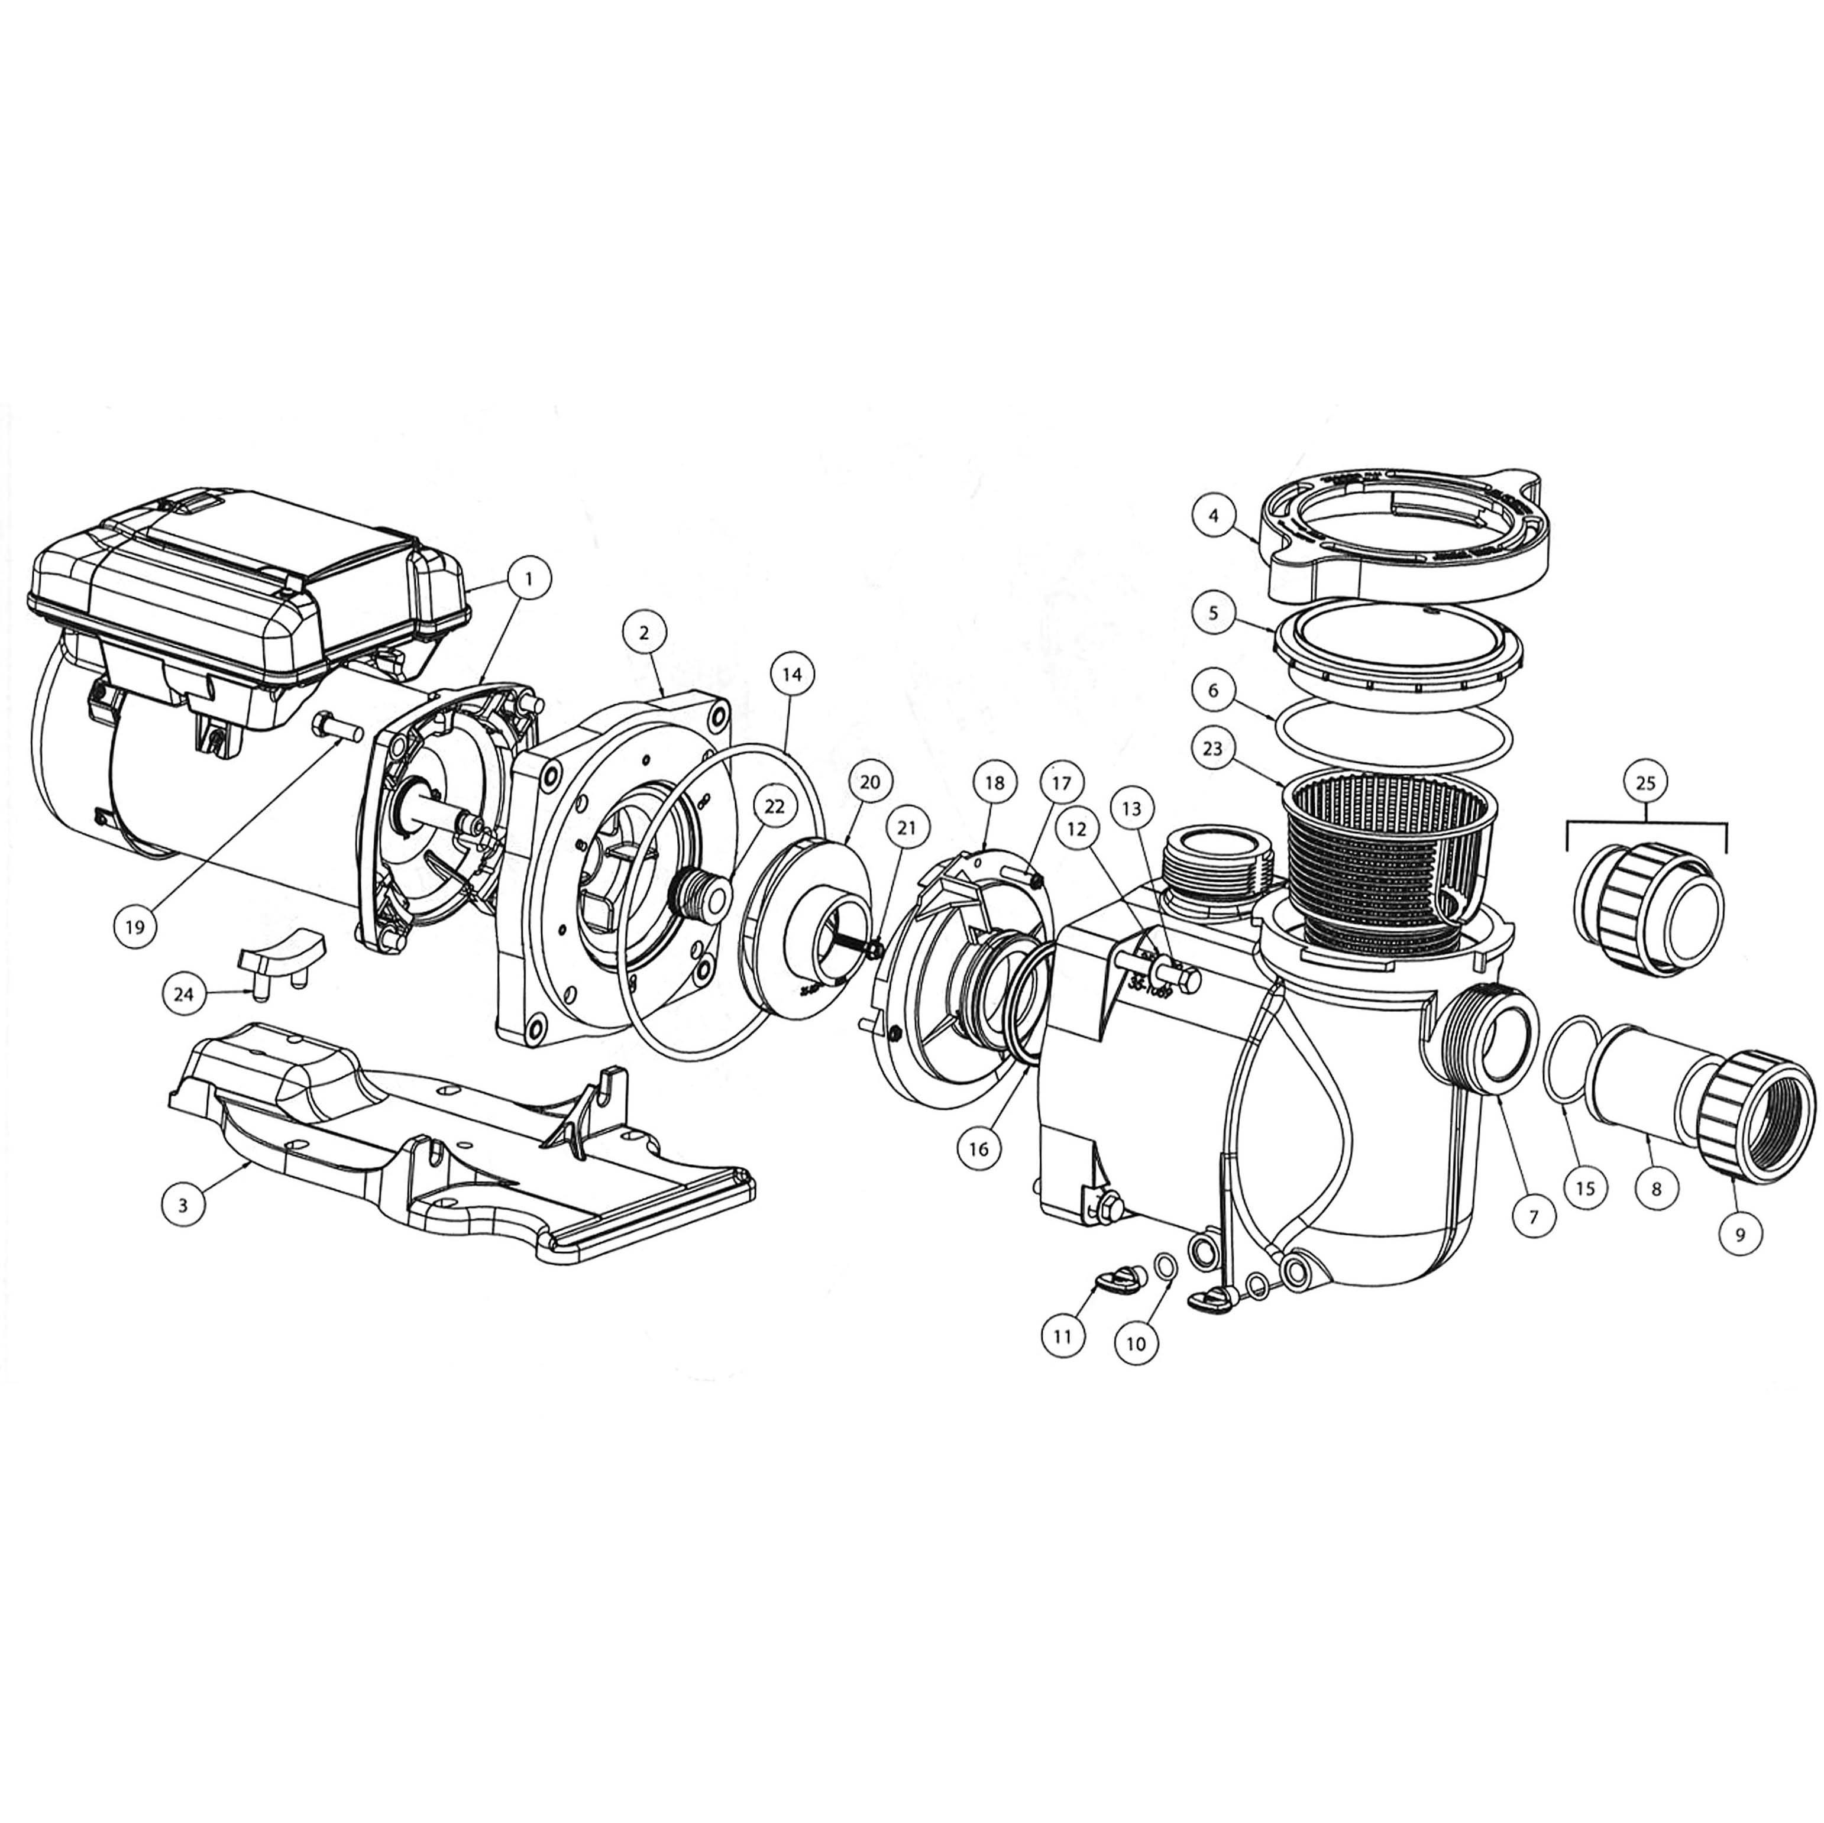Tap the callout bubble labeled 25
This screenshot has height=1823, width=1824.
pyautogui.click(x=1645, y=783)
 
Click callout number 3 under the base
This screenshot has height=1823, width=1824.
pyautogui.click(x=182, y=1204)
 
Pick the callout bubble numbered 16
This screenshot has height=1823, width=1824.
pyautogui.click(x=978, y=1149)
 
